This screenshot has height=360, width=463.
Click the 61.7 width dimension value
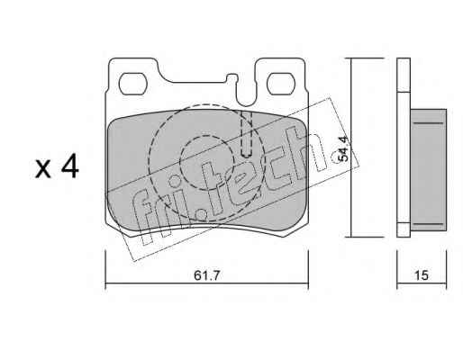click(207, 275)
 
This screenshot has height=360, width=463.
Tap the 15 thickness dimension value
click(422, 275)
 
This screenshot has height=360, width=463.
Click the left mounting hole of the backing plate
click(133, 84)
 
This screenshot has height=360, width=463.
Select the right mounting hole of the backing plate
click(281, 84)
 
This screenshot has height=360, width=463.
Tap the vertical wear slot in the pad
click(247, 134)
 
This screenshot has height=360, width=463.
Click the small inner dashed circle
click(202, 162)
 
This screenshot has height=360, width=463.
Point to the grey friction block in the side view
click(429, 170)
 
